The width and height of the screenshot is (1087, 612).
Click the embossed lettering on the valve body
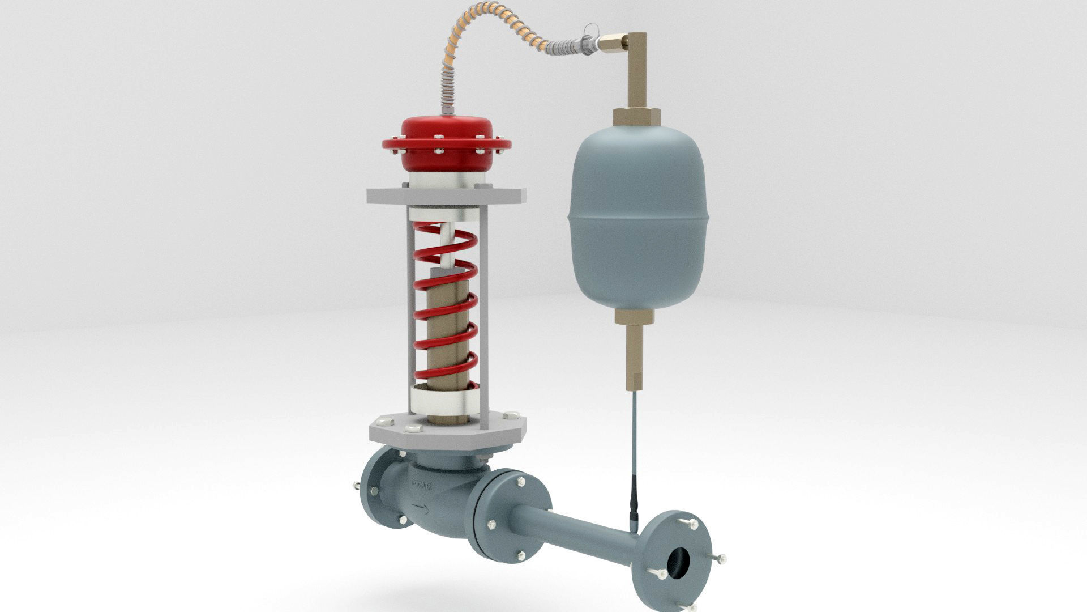tap(422, 485)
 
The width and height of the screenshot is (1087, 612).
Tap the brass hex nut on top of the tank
tap(637, 116)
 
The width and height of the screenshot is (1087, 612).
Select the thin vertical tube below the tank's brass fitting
tap(633, 442)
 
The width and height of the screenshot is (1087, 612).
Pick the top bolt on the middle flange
tap(520, 481)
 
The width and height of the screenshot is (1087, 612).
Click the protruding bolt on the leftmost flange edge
tap(356, 486)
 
